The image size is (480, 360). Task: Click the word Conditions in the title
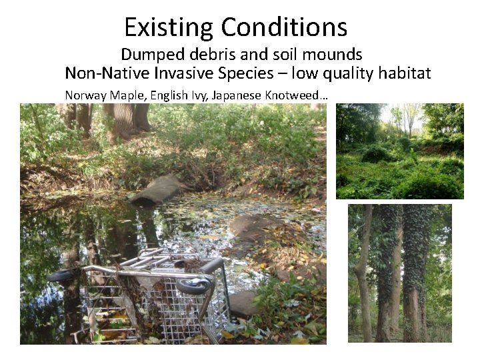pyautogui.click(x=285, y=27)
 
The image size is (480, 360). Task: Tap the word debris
pyautogui.click(x=211, y=54)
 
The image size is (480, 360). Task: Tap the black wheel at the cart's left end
pyautogui.click(x=61, y=275)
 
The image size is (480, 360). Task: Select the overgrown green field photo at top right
pyautogui.click(x=399, y=151)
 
